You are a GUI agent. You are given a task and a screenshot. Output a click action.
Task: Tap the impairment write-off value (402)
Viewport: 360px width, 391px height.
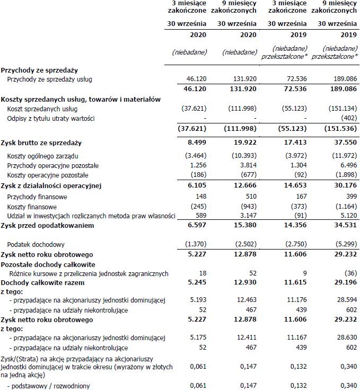347,118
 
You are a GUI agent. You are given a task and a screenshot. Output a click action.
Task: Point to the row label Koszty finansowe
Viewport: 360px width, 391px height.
32,207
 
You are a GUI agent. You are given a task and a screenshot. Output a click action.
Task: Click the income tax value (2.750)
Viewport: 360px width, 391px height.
295,244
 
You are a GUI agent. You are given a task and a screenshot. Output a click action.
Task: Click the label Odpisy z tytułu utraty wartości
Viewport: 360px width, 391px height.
51,118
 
